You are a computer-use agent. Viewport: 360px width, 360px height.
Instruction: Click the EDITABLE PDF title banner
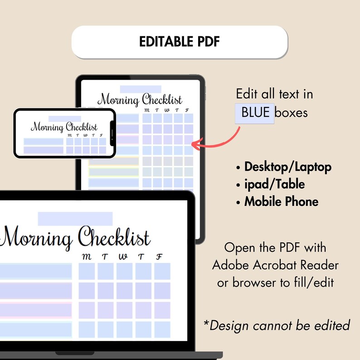180,42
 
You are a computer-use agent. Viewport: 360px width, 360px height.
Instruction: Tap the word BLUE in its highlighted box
255,112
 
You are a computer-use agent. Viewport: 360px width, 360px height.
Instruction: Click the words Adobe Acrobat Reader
275,265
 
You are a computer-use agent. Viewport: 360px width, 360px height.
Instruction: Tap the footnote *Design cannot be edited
276,325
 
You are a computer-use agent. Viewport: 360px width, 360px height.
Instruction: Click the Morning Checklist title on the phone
64,126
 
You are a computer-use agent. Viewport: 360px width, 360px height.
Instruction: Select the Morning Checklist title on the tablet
140,99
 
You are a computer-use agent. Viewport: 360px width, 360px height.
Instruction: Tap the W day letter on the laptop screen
123,257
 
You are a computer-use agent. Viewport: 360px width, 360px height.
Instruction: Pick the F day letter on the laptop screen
159,257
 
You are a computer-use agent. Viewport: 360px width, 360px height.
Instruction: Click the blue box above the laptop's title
75,219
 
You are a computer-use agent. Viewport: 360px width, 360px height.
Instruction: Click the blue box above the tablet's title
140,89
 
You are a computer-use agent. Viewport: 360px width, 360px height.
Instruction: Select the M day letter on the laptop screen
86,257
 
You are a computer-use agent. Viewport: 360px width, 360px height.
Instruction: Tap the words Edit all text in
274,94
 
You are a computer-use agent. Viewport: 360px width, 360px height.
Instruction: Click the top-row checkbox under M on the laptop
87,271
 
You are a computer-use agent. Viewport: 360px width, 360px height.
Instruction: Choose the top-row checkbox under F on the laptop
162,271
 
